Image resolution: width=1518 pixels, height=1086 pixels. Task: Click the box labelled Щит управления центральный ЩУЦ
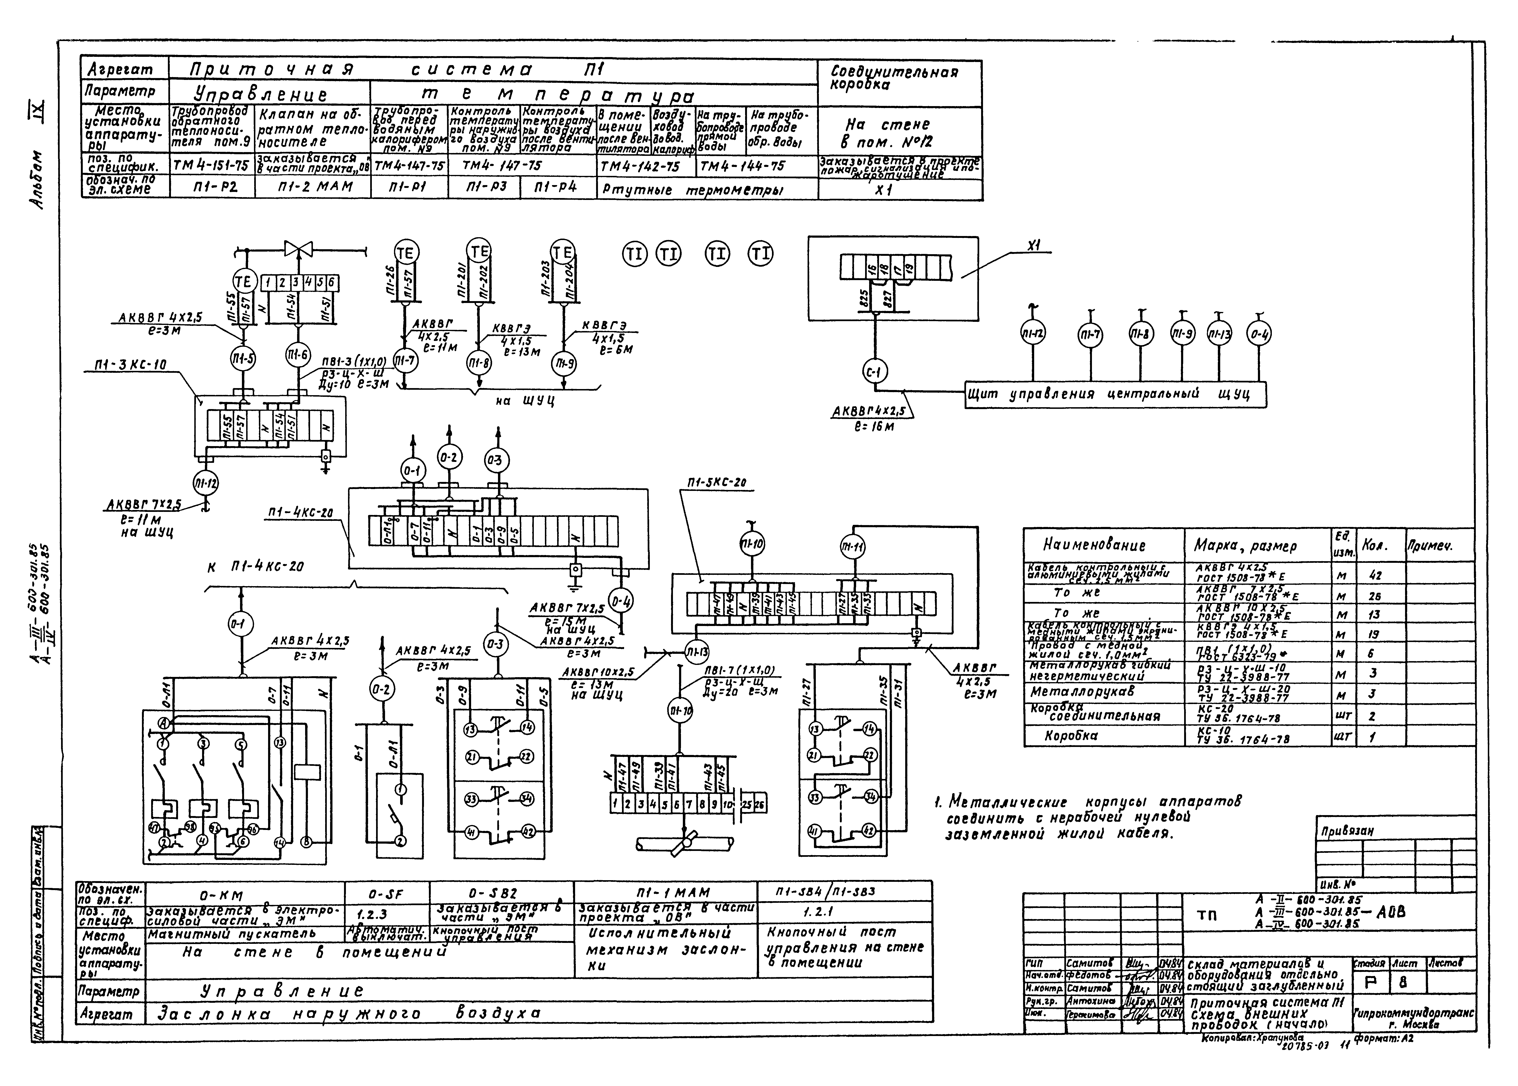click(1116, 394)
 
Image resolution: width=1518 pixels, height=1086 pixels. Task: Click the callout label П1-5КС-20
click(716, 482)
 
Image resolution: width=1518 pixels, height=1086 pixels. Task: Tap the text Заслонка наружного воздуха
click(348, 1014)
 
